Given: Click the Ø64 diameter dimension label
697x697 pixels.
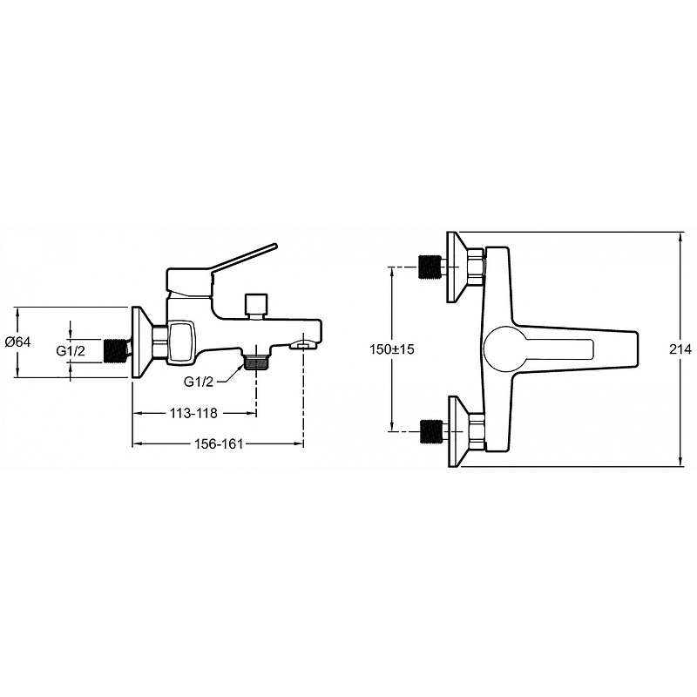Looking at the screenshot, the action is click(x=18, y=342).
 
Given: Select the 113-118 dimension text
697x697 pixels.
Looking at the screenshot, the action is click(x=193, y=413).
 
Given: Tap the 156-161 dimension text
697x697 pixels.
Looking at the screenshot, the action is click(x=219, y=443).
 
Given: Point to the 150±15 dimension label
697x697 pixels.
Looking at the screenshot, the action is click(x=391, y=349).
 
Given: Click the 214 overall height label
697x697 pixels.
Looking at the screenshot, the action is click(x=680, y=349).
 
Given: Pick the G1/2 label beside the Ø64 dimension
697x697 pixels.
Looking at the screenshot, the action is click(x=71, y=351).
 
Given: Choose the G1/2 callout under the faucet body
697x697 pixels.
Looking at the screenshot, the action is click(x=199, y=382).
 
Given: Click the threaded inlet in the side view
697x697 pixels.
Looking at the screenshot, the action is click(x=115, y=349).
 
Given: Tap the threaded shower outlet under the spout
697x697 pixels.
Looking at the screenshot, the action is click(x=256, y=362).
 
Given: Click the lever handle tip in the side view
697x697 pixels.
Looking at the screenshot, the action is click(x=274, y=246).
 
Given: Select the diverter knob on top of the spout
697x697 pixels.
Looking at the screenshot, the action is click(x=257, y=307).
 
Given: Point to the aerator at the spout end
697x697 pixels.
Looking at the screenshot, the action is click(x=302, y=344).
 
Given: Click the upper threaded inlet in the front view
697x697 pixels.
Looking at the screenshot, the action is click(x=430, y=267).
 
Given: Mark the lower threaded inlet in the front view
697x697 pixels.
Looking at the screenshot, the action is click(x=430, y=431).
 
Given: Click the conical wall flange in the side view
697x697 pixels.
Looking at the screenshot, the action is click(x=142, y=342).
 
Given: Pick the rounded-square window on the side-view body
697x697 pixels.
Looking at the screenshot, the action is click(x=181, y=341).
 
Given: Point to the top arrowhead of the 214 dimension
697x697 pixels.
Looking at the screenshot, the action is click(x=681, y=238).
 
